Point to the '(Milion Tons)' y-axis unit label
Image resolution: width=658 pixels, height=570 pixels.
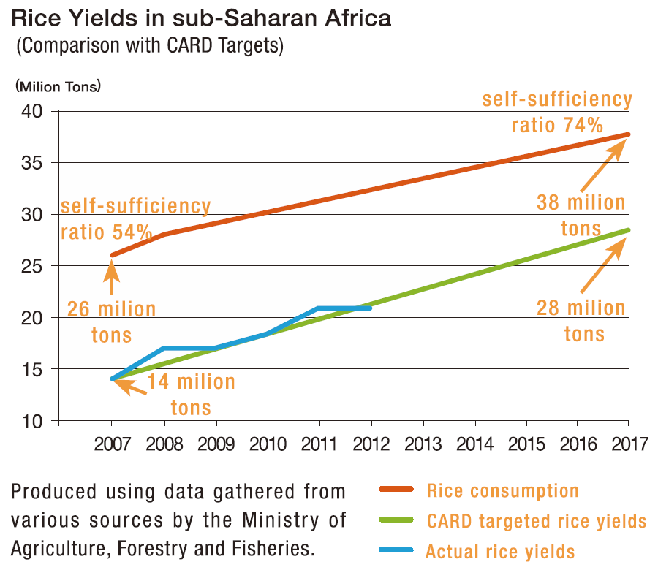[x=58, y=85]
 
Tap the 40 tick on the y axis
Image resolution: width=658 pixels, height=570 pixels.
[x=34, y=111]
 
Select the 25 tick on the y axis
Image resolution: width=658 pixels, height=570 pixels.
[x=34, y=266]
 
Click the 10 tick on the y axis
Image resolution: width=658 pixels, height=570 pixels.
[x=34, y=422]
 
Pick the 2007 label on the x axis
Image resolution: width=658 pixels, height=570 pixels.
[x=112, y=444]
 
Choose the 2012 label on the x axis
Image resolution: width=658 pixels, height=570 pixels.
[x=371, y=444]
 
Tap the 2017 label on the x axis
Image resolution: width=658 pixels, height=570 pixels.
[x=629, y=444]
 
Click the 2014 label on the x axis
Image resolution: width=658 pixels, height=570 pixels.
[x=475, y=444]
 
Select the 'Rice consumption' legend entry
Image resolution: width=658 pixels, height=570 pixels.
[x=502, y=491]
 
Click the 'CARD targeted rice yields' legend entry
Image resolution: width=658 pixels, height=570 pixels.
[x=537, y=521]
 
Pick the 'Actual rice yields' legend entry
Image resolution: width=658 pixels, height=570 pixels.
[x=500, y=552]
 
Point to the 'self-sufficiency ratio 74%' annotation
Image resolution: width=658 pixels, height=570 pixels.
[x=556, y=112]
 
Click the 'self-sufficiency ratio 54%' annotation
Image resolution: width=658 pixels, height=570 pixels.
[x=135, y=219]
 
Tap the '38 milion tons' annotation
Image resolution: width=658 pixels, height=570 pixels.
[x=581, y=216]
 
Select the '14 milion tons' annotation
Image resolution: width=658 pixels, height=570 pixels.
[x=191, y=395]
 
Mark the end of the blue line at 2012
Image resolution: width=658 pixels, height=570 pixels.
[x=371, y=308]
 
